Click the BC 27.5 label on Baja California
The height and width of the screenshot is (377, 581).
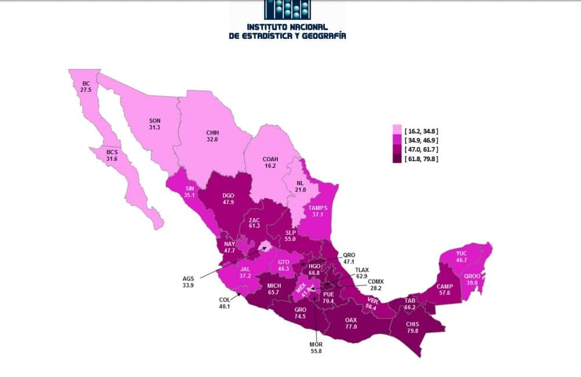[86, 87]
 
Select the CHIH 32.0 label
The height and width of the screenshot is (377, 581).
[212, 135]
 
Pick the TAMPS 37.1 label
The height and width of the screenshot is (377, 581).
[318, 212]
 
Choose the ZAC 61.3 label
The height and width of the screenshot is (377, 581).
[254, 224]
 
